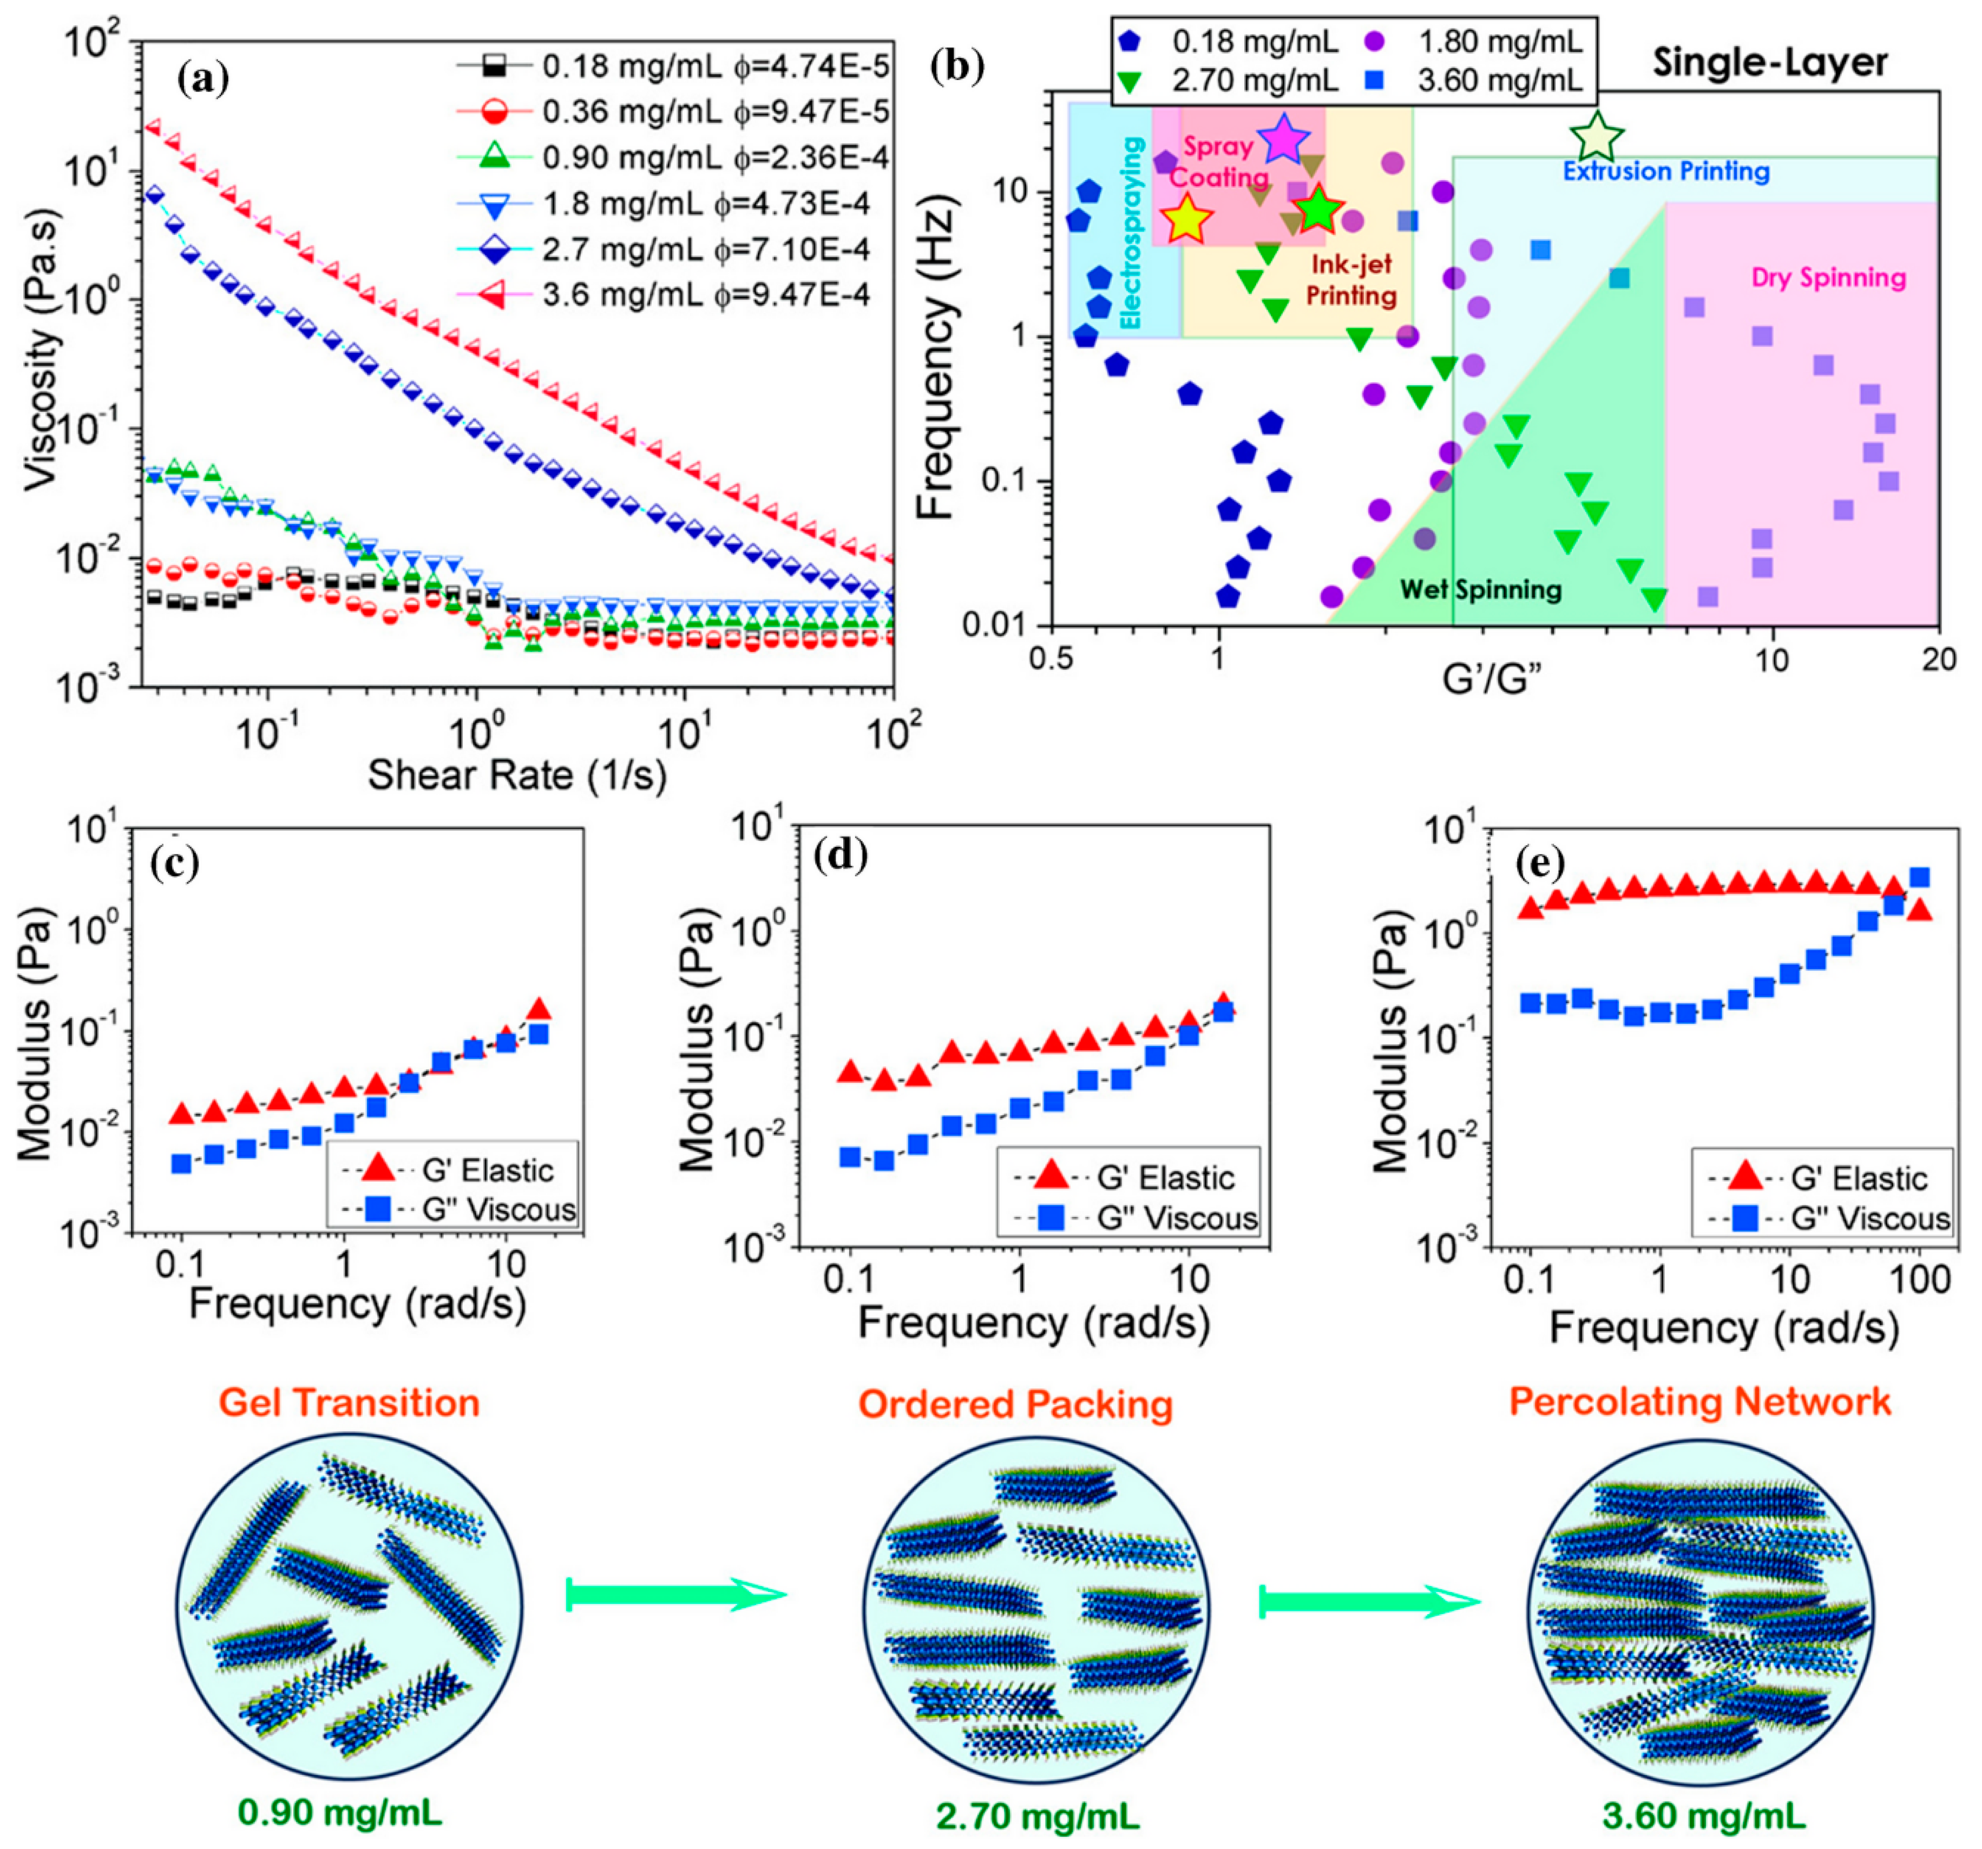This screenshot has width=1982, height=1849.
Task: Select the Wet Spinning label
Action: coord(1480,590)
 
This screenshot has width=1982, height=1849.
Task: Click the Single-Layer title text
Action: coord(1770,63)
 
